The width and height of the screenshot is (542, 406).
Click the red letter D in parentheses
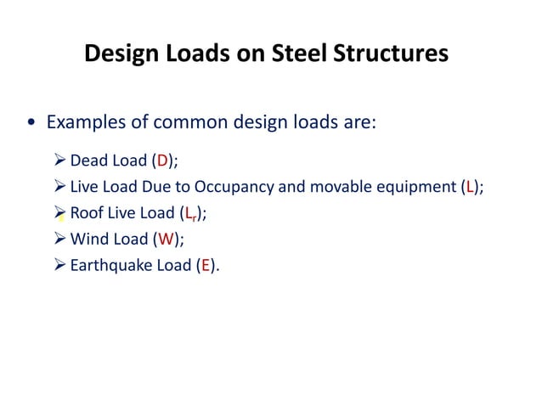pos(162,161)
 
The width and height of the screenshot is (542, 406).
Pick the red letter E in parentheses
pos(204,266)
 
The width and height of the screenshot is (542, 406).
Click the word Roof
pos(87,213)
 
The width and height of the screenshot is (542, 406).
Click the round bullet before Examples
pos(31,123)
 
